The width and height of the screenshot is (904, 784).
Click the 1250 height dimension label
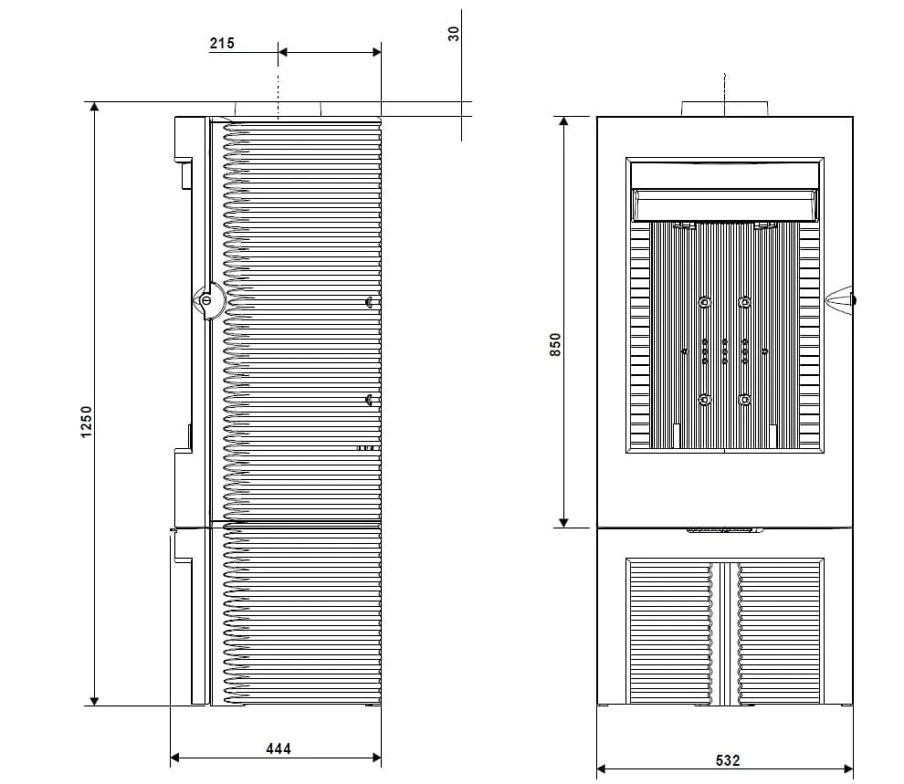86,422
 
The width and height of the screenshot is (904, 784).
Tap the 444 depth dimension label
279,748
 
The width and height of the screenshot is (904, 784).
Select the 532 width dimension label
728,760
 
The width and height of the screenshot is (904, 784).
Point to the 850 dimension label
555,344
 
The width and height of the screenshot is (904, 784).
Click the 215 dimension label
222,43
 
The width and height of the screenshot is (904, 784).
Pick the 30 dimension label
454,34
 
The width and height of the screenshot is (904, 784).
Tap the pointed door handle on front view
840,299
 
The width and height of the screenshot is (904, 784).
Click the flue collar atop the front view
725,109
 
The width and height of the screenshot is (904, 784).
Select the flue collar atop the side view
278,110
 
